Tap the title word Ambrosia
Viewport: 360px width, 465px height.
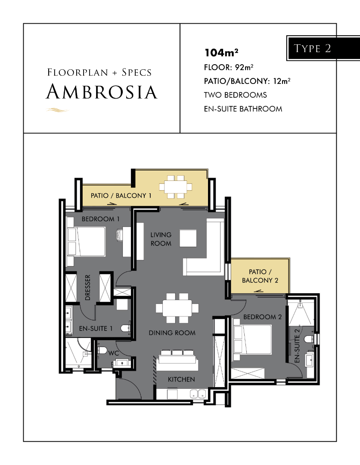(102, 92)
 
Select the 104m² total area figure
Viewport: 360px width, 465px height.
(221, 53)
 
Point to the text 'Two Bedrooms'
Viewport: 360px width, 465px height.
(236, 95)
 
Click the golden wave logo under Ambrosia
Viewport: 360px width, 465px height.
(58, 110)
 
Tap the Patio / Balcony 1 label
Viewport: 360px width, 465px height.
(121, 196)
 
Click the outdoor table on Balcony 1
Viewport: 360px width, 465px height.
(176, 187)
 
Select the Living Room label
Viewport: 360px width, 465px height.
(161, 239)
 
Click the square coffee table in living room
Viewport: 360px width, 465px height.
(188, 238)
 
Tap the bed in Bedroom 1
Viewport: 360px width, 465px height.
(86, 242)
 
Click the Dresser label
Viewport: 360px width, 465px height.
(87, 287)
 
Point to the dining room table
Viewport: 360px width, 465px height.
(177, 308)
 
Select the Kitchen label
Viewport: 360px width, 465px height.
(181, 379)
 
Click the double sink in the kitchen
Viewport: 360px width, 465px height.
(198, 394)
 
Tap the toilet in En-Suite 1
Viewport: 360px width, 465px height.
(126, 328)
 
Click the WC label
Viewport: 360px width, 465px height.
(114, 353)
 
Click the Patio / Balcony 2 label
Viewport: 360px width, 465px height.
(260, 276)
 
